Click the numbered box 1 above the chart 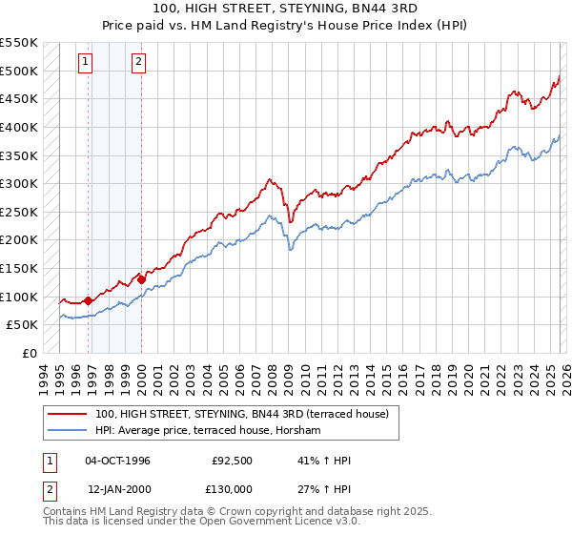click(85, 63)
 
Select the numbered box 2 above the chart click(138, 63)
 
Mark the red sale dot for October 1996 click(89, 300)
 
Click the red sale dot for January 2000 click(141, 279)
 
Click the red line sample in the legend click(68, 415)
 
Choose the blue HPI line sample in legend click(68, 431)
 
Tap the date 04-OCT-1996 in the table click(117, 461)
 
